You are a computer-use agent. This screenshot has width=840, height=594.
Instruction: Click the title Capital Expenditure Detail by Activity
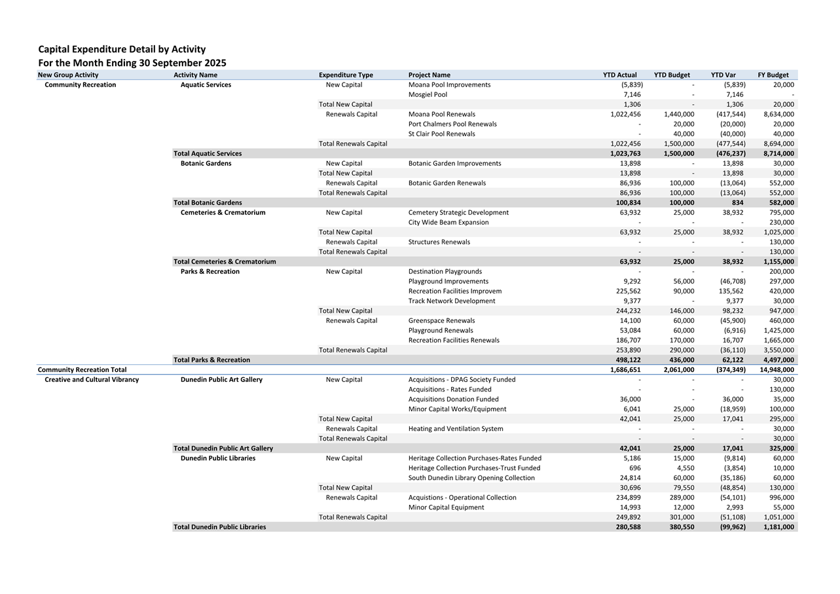point(122,49)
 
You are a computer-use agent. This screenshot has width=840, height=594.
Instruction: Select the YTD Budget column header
point(672,75)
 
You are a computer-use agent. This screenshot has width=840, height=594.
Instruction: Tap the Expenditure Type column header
point(346,75)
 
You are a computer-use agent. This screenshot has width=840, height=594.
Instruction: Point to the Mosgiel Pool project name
point(428,94)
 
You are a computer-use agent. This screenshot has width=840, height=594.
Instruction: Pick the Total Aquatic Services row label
point(208,153)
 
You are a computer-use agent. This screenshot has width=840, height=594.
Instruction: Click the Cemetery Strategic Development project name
point(458,212)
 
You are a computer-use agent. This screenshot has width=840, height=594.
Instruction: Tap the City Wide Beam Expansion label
point(448,222)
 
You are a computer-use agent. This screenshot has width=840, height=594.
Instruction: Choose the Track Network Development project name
point(452,301)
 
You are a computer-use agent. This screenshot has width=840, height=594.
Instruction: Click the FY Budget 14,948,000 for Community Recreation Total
point(777,369)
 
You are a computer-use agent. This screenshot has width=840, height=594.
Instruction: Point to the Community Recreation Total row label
point(82,369)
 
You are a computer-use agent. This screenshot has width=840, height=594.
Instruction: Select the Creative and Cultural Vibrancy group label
point(92,379)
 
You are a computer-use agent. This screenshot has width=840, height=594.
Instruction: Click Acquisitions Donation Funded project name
point(453,399)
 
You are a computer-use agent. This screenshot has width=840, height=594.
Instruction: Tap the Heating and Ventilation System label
point(456,428)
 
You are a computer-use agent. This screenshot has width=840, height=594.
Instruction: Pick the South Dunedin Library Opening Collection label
point(471,477)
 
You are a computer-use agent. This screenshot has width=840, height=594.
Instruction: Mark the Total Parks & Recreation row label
point(211,360)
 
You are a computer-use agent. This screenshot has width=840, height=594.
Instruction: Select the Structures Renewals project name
point(439,242)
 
